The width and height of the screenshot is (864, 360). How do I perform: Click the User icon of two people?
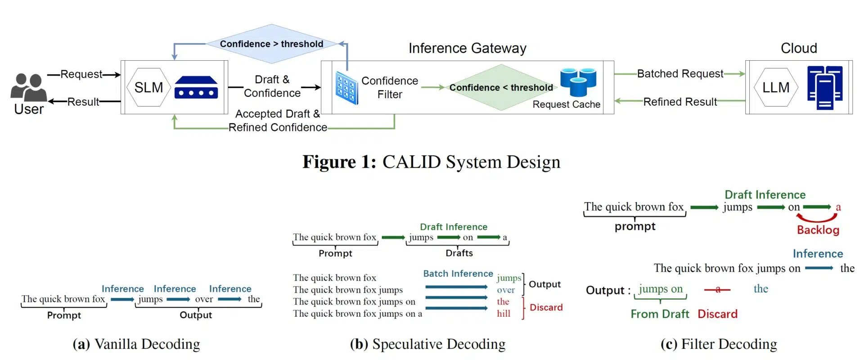click(28, 87)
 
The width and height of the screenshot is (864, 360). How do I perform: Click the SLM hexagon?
click(148, 87)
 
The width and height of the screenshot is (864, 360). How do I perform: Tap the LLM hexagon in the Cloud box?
click(775, 87)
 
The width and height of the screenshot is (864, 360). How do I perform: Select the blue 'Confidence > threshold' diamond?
click(271, 44)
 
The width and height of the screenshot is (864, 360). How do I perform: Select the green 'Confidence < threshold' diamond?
click(501, 87)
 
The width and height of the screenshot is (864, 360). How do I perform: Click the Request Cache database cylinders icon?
click(578, 81)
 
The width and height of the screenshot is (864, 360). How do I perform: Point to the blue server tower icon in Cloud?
click(824, 88)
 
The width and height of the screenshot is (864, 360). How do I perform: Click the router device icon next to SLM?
click(196, 87)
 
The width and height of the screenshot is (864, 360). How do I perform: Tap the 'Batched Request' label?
click(679, 73)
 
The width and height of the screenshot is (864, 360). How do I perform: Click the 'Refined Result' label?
click(679, 102)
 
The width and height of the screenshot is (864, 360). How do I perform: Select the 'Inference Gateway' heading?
click(467, 48)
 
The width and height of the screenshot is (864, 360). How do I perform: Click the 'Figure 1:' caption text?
click(339, 162)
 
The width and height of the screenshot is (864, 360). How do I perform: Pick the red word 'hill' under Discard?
click(504, 314)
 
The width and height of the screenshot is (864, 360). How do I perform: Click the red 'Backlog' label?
click(818, 230)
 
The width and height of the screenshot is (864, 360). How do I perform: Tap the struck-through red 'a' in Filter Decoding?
click(718, 289)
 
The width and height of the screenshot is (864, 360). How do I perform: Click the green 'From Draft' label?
click(659, 314)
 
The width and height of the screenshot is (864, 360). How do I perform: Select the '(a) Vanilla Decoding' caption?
click(136, 344)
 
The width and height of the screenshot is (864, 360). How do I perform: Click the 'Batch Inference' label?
click(458, 274)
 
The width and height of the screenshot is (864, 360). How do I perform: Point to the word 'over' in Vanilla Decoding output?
click(204, 299)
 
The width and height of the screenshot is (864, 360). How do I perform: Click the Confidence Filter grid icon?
click(346, 88)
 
